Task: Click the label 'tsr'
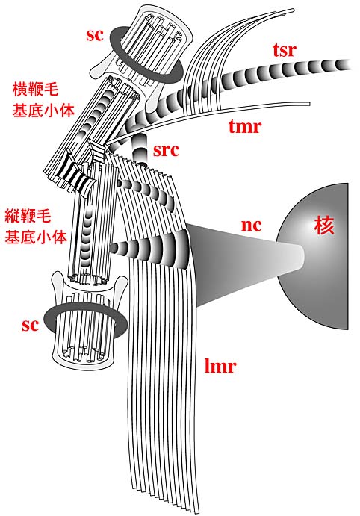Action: click(285, 50)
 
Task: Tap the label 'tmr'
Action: click(245, 126)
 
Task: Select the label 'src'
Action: click(166, 150)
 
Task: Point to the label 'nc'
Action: click(252, 226)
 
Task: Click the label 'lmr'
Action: click(220, 366)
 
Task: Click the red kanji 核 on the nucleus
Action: click(324, 226)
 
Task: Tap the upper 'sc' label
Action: click(95, 35)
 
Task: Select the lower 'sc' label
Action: click(31, 325)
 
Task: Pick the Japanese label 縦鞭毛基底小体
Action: click(36, 226)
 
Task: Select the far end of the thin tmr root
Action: click(308, 104)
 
